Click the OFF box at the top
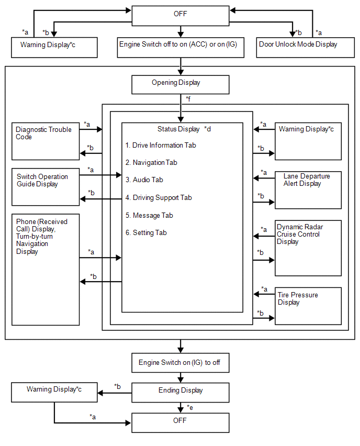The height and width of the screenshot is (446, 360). pos(181,16)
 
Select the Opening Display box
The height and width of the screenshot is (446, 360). pos(181,84)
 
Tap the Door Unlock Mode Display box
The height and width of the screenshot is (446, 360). pos(306,48)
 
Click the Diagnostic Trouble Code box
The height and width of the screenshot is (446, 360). pos(46,141)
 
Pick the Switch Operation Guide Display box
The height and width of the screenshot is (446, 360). pos(46,187)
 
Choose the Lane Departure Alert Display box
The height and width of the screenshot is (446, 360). pos(308,190)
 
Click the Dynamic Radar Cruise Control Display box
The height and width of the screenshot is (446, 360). pos(308,248)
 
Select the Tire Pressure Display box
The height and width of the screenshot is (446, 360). pos(308,306)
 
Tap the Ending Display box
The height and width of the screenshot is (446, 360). pos(181,393)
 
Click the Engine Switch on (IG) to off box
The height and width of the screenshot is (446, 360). pos(181,363)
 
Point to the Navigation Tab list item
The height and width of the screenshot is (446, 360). pos(151,162)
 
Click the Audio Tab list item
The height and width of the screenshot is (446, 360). pos(144,180)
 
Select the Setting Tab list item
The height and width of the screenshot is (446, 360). pos(146,232)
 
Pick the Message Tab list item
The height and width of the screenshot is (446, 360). pos(149,215)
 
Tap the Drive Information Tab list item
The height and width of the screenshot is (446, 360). pos(161,145)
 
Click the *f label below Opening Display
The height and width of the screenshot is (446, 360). pos(188,99)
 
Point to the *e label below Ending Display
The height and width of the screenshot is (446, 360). pos(190,408)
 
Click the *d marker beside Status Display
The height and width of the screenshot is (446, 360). pos(208,129)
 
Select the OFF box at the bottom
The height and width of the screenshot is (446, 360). pos(181,422)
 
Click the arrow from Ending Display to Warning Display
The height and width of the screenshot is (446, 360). pos(115,393)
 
